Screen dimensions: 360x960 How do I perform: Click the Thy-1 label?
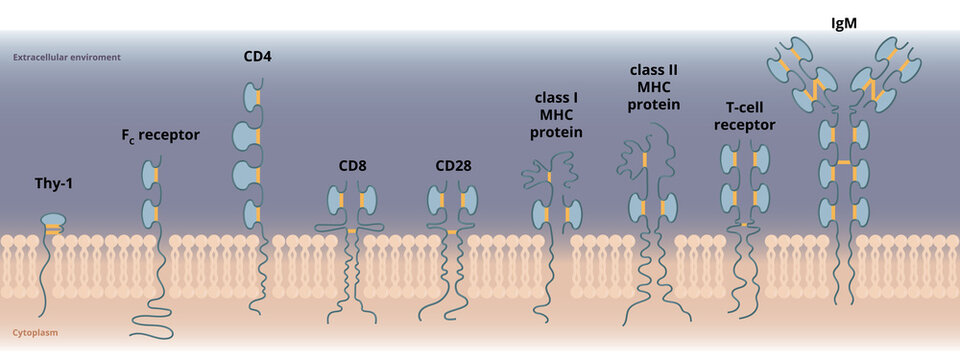pyautogui.click(x=54, y=185)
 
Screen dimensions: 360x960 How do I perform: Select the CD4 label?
pyautogui.click(x=257, y=56)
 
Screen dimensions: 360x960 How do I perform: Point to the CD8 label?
pyautogui.click(x=351, y=166)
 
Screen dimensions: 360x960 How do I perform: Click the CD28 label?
pyautogui.click(x=454, y=166)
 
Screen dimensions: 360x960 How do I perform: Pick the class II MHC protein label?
pyautogui.click(x=655, y=87)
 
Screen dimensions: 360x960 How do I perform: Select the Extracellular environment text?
pyautogui.click(x=67, y=57)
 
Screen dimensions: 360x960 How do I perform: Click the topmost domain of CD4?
pyautogui.click(x=250, y=97)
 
